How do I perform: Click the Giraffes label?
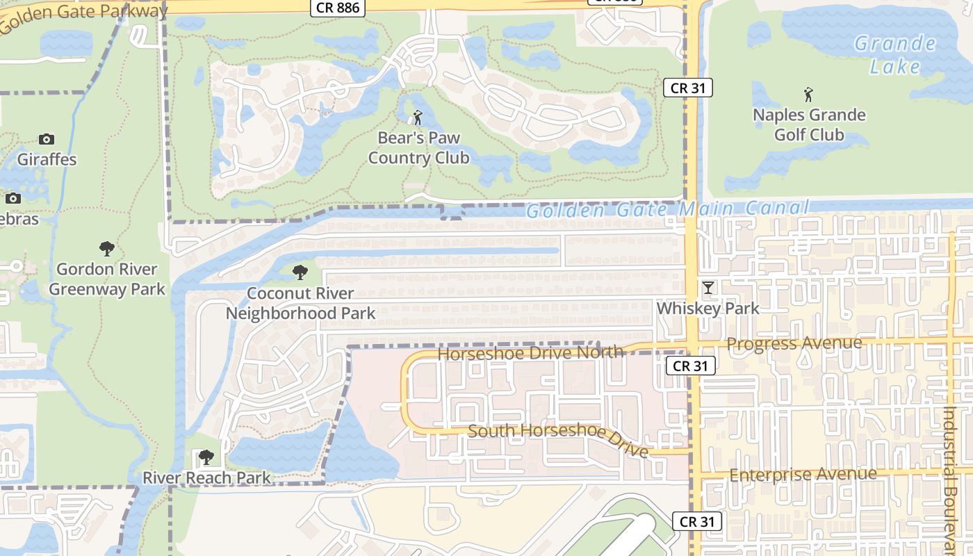coord(47,159)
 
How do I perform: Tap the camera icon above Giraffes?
coord(47,139)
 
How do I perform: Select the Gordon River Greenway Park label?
coord(107,279)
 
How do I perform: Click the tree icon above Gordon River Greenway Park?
coord(107,249)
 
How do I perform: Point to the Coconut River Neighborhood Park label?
coord(300,303)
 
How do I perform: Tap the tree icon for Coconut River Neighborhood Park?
coord(300,272)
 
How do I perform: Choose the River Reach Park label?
coord(206,478)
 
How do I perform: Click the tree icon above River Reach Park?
coord(206,457)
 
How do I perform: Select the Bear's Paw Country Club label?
coord(418,147)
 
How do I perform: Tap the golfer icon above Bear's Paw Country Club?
coord(418,118)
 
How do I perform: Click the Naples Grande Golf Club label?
coord(809,124)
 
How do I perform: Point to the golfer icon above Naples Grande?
coord(808,94)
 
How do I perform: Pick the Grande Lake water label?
coord(894,55)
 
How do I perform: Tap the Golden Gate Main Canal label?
coord(667,208)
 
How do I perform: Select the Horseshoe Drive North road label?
coord(530,353)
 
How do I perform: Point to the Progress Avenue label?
coord(794,344)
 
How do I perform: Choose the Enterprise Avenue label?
coord(803,475)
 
